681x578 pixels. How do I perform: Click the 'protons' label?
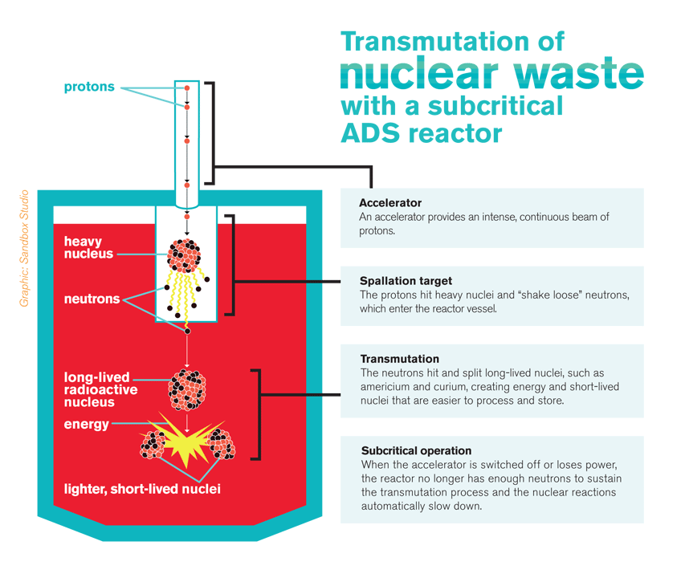[89, 87]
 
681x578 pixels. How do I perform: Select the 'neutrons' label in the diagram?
[92, 299]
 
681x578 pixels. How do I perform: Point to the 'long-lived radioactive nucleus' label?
[100, 389]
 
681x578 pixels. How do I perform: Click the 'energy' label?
[86, 425]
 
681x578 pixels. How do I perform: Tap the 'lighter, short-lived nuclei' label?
[142, 488]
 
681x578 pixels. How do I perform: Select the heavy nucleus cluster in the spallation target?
[186, 254]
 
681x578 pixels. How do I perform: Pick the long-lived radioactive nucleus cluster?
[186, 390]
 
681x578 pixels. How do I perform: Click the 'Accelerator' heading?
[390, 203]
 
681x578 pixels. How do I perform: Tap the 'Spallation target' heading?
[406, 281]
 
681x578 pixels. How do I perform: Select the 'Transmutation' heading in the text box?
[400, 359]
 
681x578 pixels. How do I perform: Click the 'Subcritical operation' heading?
[416, 450]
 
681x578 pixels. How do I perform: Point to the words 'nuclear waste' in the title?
[491, 73]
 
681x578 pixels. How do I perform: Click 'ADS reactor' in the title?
[421, 132]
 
